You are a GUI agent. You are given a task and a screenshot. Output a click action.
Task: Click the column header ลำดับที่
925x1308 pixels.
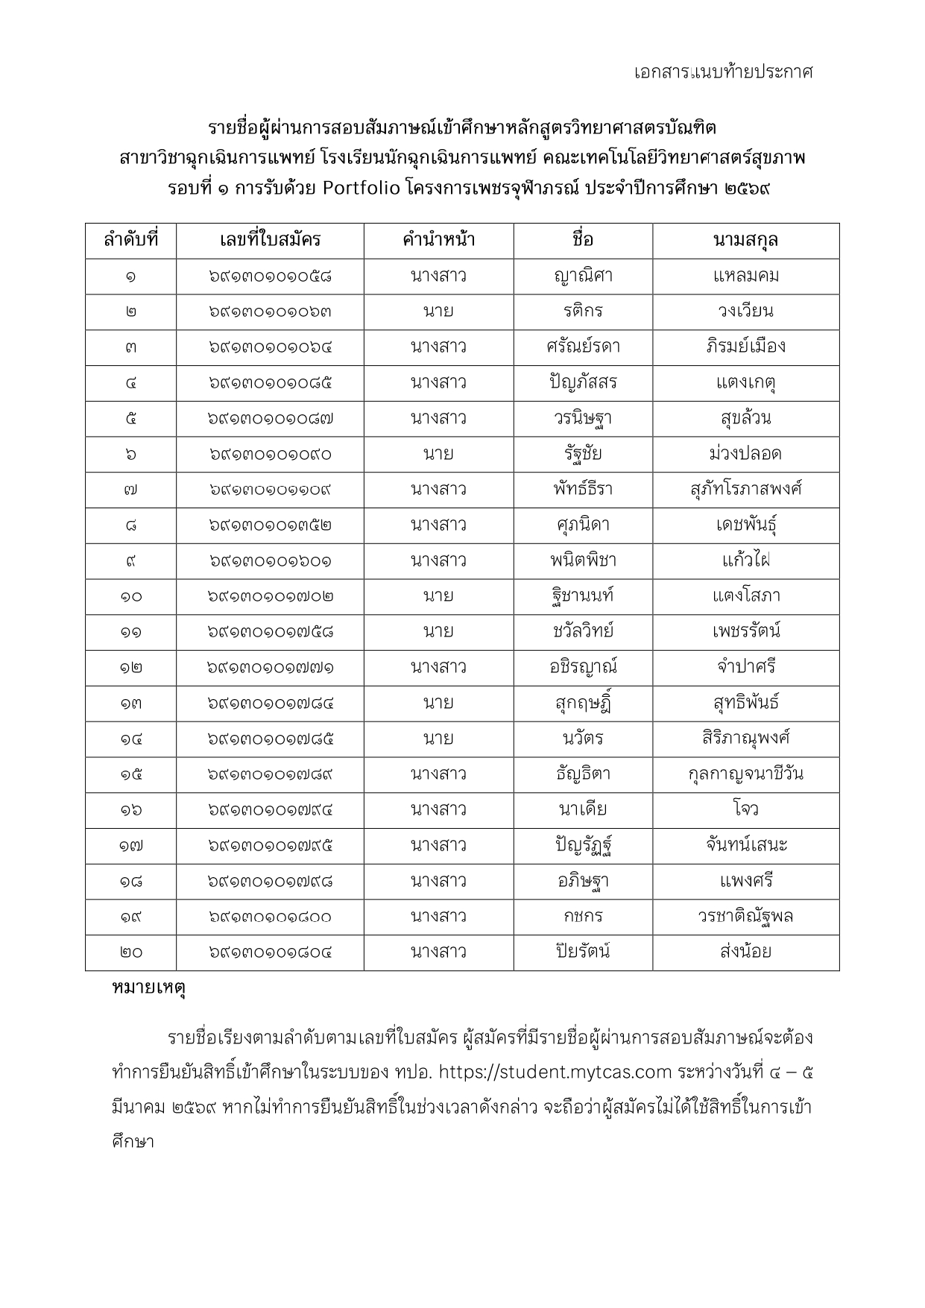point(130,240)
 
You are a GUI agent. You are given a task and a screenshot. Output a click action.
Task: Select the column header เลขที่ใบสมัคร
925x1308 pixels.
point(270,240)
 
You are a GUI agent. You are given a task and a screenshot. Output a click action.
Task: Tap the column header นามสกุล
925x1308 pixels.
point(745,240)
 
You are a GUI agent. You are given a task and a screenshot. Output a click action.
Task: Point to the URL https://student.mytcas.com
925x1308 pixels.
point(555,1072)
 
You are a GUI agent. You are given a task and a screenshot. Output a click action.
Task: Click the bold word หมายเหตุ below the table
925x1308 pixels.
point(148,988)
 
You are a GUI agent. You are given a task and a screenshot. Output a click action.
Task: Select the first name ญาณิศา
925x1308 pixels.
point(583,276)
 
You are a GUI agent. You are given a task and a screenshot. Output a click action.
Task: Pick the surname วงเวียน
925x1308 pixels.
point(745,312)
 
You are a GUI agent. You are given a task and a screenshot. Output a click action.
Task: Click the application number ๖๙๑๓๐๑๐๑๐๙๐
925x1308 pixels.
point(270,455)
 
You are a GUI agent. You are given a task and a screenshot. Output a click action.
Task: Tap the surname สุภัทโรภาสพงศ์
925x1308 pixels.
point(745,490)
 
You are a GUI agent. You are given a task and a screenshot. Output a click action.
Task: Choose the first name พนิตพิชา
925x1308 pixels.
point(583,560)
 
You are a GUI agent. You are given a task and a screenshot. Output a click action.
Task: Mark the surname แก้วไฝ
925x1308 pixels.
point(745,560)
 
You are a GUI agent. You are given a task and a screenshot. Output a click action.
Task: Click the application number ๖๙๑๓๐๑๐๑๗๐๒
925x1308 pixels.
point(270,596)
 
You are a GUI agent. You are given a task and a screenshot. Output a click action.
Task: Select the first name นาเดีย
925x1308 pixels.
point(583,810)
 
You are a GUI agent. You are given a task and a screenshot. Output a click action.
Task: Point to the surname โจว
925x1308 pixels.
point(745,810)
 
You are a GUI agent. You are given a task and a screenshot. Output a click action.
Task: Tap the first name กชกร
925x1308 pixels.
point(583,917)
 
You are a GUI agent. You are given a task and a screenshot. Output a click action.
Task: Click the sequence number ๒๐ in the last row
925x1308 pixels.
point(130,952)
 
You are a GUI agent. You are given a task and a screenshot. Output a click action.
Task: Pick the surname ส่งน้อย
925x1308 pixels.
point(745,952)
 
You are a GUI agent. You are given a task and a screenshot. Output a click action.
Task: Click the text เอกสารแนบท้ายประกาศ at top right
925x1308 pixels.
point(722,72)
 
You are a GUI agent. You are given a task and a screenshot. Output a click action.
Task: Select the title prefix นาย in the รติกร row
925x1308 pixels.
point(438,312)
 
